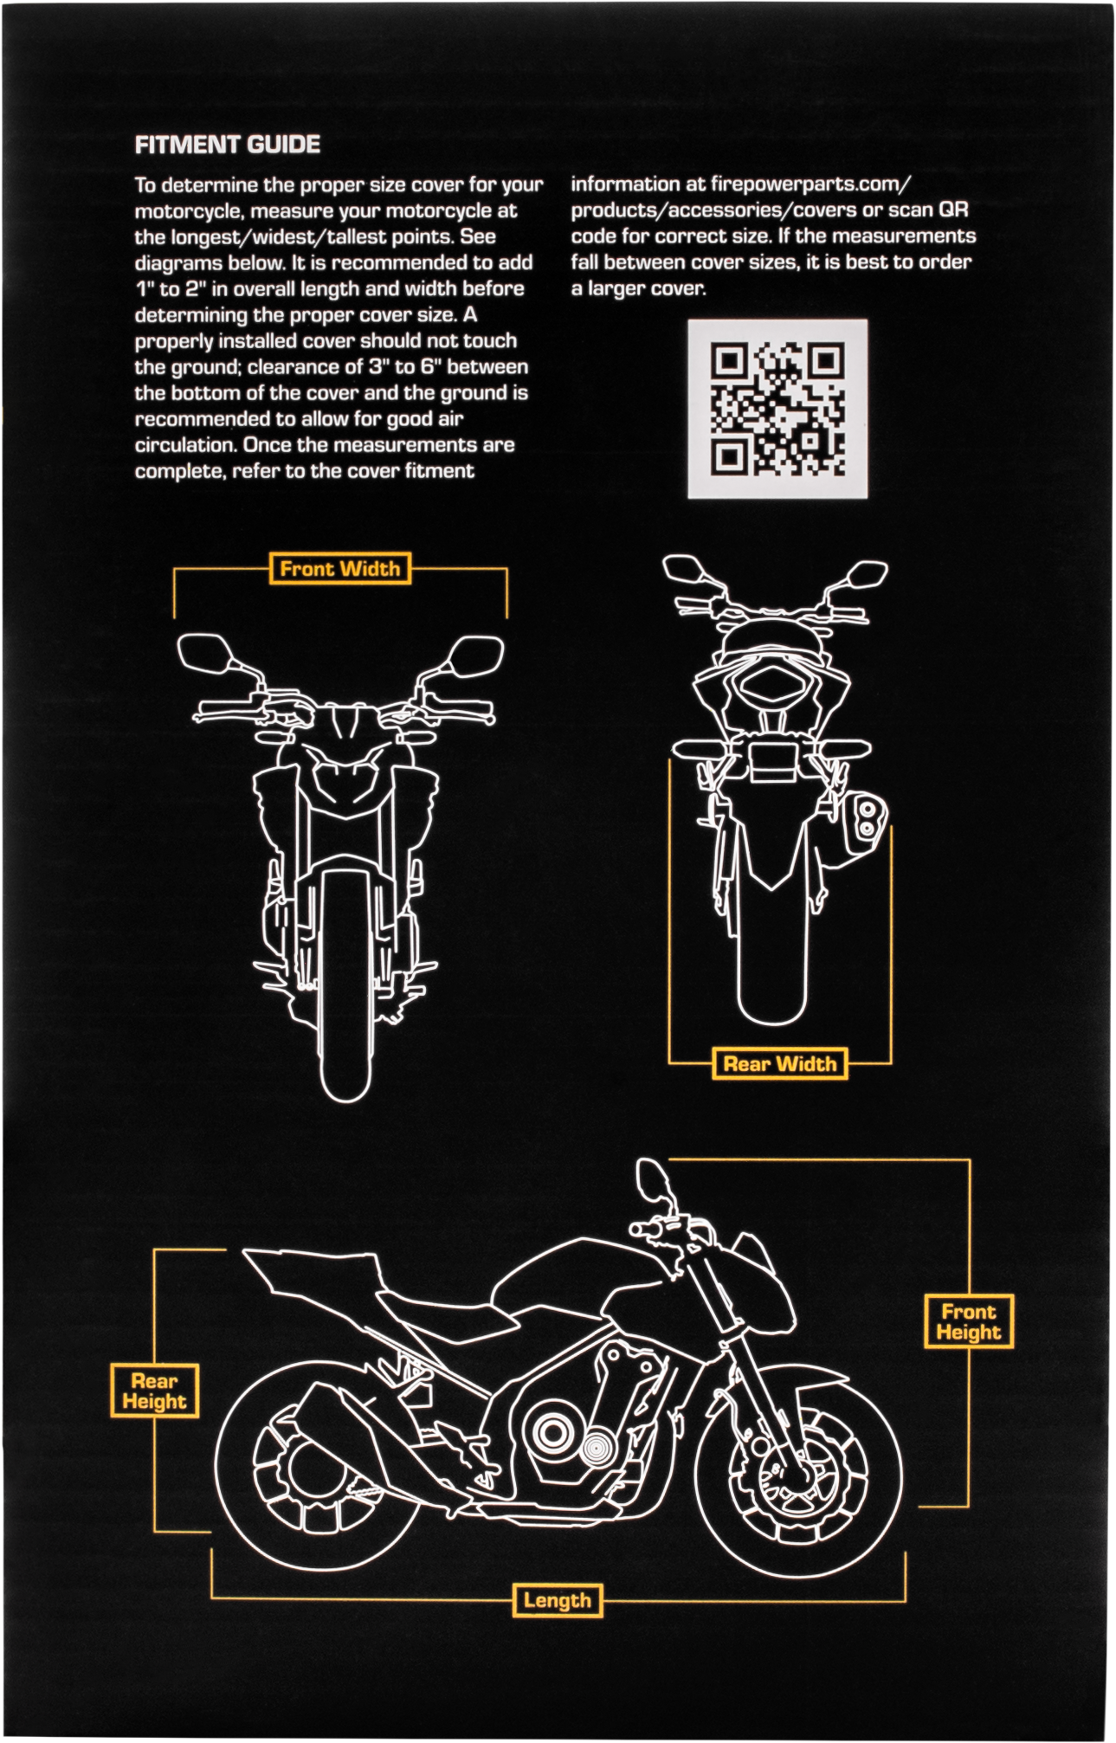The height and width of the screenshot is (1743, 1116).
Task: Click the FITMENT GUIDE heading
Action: [228, 145]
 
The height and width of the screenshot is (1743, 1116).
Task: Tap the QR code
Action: [777, 409]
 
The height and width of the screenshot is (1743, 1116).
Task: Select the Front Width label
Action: [339, 569]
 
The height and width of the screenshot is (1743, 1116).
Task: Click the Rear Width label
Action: [779, 1063]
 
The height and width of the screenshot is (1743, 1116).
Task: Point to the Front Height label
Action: [968, 1322]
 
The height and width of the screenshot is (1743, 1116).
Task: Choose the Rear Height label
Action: [154, 1391]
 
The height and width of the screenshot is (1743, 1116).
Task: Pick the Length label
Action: [557, 1601]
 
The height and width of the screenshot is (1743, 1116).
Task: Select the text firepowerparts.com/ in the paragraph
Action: [810, 184]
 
